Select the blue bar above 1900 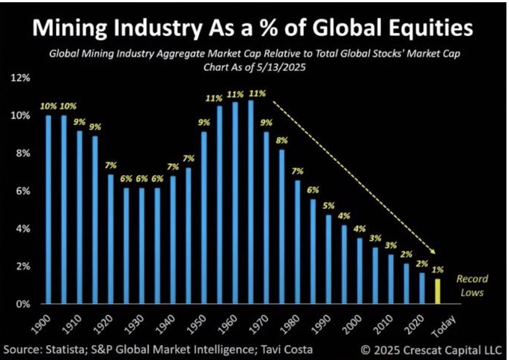(49, 210)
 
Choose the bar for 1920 (111, 239)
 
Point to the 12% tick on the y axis (20, 78)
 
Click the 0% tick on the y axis (22, 304)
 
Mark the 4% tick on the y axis (22, 229)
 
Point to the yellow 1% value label (438, 270)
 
